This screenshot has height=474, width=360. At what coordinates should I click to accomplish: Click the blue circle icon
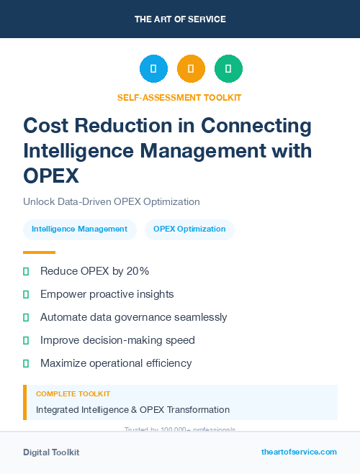point(153,69)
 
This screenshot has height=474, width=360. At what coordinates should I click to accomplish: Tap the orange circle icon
point(191,69)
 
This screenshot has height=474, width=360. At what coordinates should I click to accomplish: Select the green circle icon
point(228,69)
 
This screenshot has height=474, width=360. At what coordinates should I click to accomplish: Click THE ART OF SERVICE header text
point(180,19)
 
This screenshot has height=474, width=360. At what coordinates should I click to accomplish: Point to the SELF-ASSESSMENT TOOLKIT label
point(179,97)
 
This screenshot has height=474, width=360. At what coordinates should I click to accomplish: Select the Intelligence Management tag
point(79,229)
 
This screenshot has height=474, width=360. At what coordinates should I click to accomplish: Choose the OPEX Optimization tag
point(189,229)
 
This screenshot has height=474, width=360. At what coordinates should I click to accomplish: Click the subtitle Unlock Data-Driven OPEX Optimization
point(111,201)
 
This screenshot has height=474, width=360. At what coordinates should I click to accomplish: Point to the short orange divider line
point(39,252)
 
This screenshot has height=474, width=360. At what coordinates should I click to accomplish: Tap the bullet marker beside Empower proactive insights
point(26,294)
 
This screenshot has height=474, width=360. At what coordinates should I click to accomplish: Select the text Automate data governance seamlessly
point(133,317)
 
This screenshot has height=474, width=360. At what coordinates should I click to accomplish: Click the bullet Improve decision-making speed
point(117,340)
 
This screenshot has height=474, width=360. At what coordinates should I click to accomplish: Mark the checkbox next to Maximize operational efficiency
point(26,363)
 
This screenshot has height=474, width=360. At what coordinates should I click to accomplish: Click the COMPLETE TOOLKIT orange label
point(73,394)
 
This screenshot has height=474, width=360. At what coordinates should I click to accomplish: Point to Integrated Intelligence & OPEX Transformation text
point(132,410)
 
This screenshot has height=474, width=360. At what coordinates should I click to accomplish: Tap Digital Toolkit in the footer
point(51,452)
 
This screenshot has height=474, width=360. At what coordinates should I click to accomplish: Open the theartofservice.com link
point(299,452)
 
